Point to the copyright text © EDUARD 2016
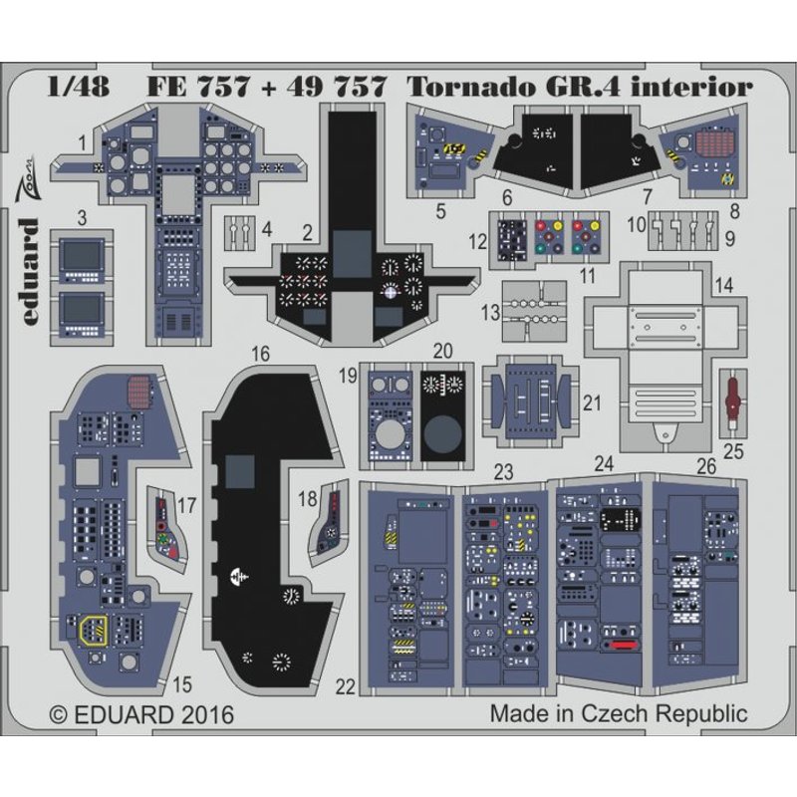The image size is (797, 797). point(139,715)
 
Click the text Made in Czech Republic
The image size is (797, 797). point(618,714)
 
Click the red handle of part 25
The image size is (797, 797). point(736,390)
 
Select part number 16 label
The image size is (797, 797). point(261,354)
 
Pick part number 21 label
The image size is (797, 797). point(591,403)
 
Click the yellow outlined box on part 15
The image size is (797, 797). point(94,630)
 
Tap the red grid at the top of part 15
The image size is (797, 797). point(141,386)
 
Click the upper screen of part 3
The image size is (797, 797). point(80,257)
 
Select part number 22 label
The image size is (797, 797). point(346,687)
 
